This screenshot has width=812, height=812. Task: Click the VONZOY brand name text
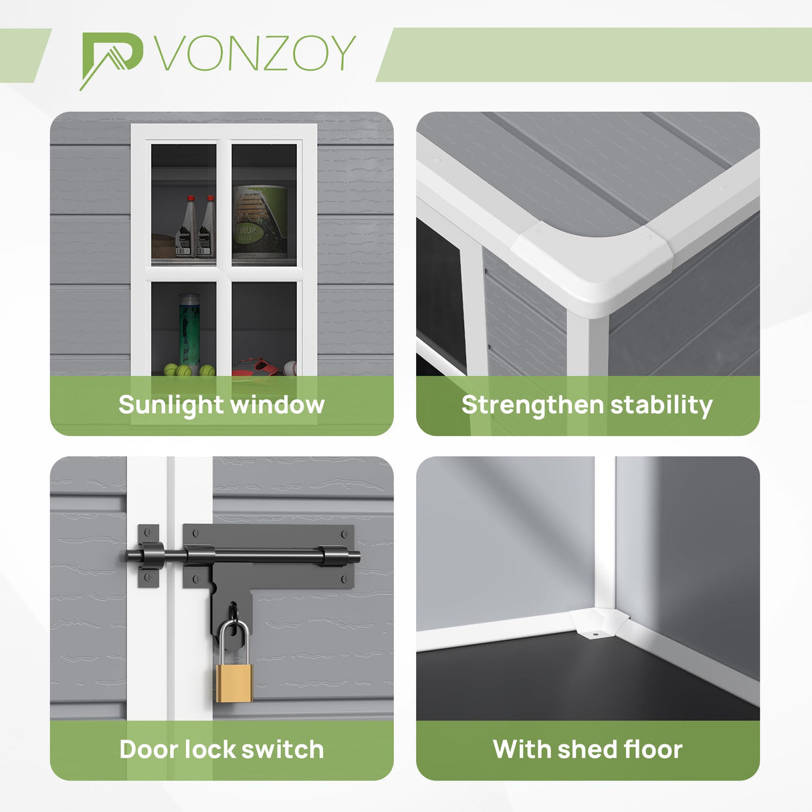tap(256, 54)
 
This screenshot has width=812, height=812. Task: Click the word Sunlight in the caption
tap(171, 405)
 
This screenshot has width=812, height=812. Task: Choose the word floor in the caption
tap(652, 749)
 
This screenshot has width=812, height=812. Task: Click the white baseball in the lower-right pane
tap(290, 368)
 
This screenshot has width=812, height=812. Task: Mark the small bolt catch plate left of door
tap(148, 556)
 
